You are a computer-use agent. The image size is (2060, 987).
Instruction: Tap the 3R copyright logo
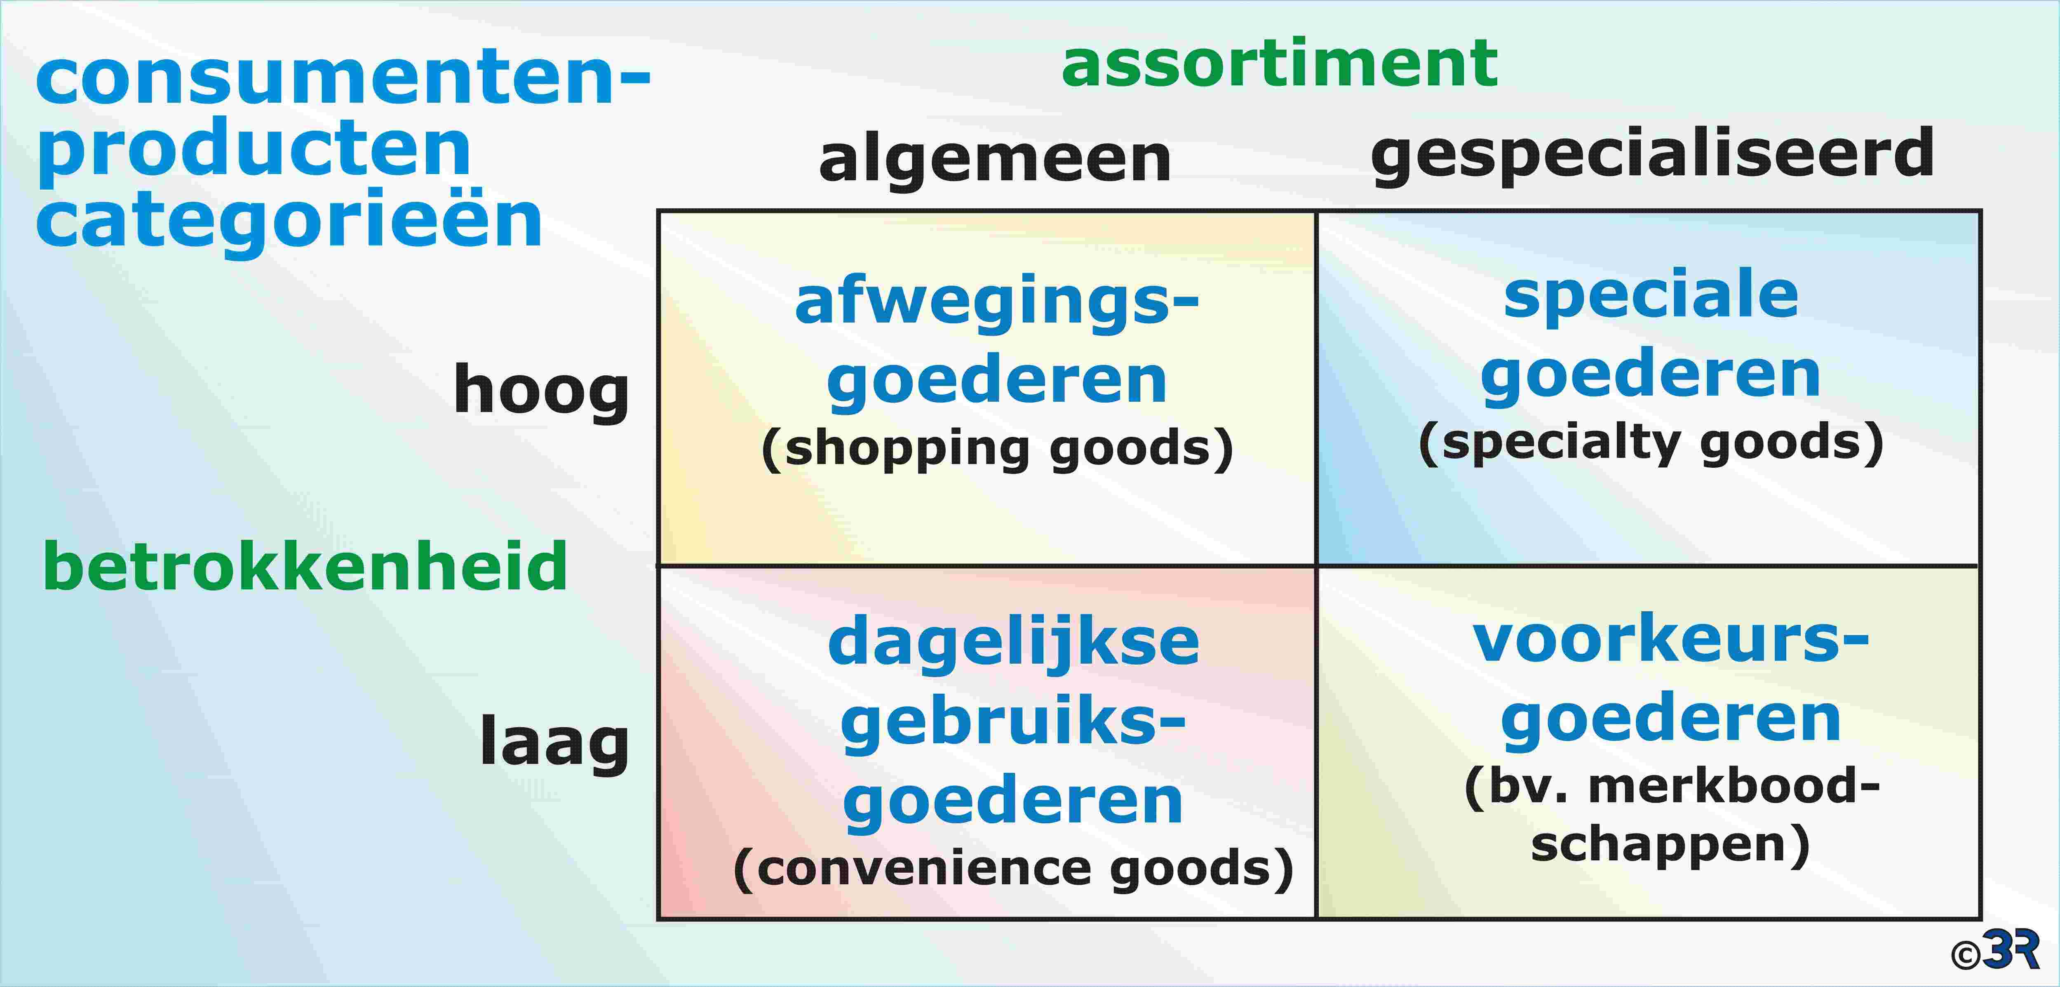point(1995,950)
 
